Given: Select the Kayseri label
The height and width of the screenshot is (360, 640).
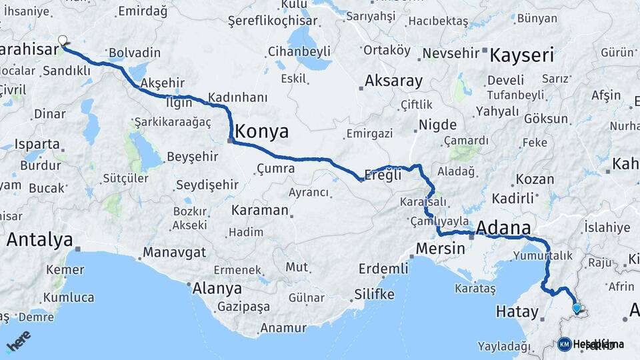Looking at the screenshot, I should pos(521,55).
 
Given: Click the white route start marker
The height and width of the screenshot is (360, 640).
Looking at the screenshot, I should pos(63,41).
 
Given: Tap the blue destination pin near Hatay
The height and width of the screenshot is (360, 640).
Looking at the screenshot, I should pos(577,308).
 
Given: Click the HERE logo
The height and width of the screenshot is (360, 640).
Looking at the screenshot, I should pos(18,341).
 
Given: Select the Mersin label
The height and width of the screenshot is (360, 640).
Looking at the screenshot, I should pos(440,249).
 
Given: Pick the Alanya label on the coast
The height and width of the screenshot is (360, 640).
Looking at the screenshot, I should pos(217,289).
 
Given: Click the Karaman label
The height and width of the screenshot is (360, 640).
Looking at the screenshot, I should pos(260,211).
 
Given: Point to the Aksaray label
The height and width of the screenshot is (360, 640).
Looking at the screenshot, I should pos(393,81).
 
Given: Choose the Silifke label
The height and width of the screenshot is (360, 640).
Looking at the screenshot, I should pos(375,294).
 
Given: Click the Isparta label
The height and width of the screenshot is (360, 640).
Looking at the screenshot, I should pos(37,143).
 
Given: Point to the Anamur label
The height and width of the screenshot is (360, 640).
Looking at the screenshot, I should pos(283,328).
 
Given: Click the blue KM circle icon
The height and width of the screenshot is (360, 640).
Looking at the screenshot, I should pos(564,344).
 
